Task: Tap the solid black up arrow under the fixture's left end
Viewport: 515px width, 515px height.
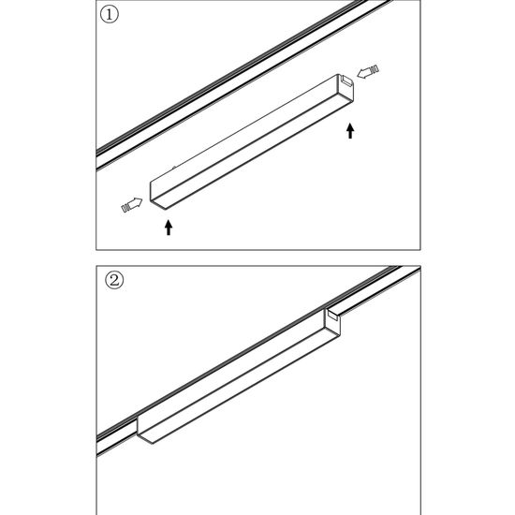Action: pyautogui.click(x=169, y=226)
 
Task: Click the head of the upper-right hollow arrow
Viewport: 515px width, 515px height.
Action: pyautogui.click(x=364, y=73)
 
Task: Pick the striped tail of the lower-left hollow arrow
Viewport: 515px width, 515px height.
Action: pyautogui.click(x=125, y=206)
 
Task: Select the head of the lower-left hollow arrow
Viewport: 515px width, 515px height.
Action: pyautogui.click(x=138, y=201)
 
